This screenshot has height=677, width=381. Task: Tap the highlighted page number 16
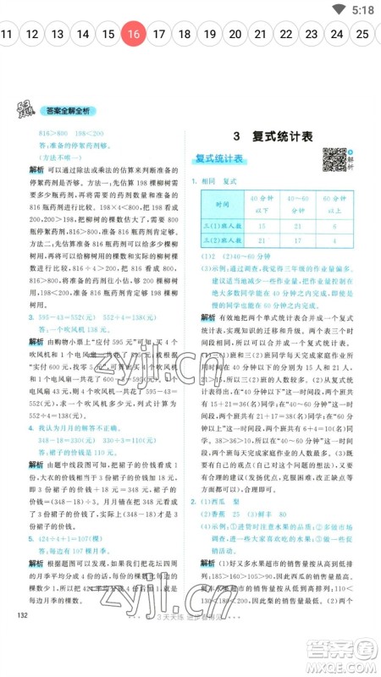tap(133, 35)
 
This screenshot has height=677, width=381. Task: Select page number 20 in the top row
tap(235, 35)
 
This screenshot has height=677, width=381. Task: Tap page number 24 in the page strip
tap(337, 35)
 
